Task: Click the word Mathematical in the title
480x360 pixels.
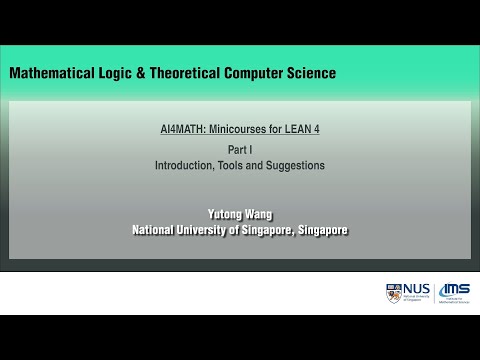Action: pos(50,73)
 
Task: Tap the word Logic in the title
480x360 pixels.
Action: pos(118,73)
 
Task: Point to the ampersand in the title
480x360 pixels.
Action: pos(146,73)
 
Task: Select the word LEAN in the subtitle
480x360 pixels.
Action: pos(296,129)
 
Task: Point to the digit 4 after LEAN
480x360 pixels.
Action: pos(316,129)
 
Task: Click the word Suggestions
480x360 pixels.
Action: pos(297,165)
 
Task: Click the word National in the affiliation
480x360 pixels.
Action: pos(157,229)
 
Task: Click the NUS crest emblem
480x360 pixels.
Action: pos(391,294)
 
